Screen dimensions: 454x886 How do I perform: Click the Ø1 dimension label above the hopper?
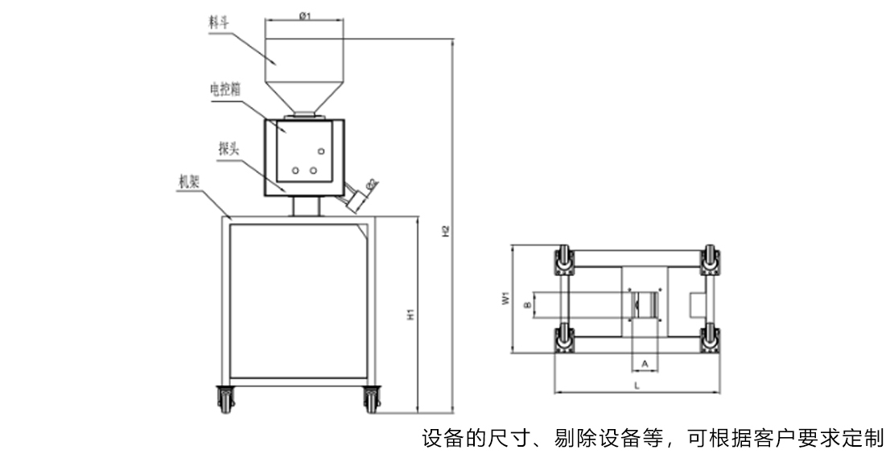[304, 16]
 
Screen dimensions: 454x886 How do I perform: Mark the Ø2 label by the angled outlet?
[371, 184]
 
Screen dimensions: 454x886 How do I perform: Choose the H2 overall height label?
[445, 229]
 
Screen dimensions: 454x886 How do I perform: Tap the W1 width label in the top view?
[505, 299]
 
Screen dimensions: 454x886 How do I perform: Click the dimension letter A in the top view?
[644, 364]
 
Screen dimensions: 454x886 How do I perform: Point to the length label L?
[637, 387]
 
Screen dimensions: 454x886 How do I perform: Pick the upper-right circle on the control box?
[321, 151]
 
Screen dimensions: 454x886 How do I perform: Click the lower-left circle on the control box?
[295, 170]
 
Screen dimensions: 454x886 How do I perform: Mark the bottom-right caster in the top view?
[711, 340]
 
